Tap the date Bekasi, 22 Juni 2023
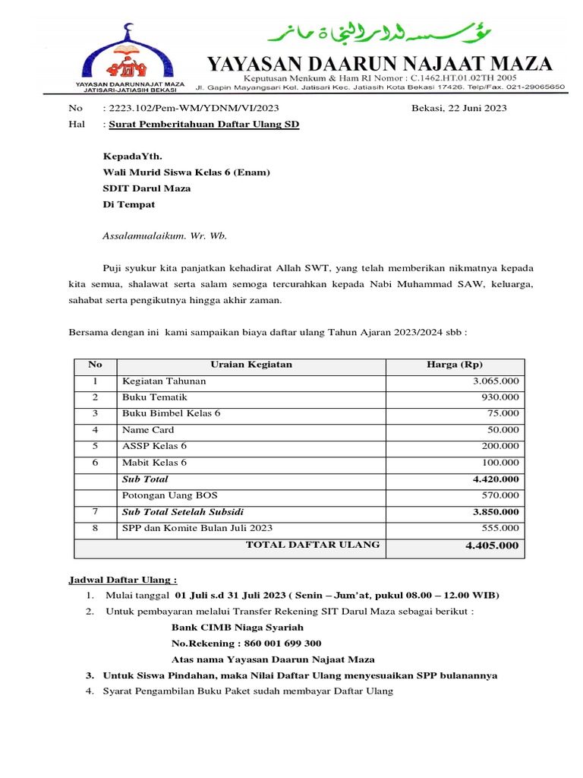coord(459,108)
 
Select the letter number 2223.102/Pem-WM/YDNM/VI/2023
coord(194,108)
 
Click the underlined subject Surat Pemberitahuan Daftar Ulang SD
coord(204,123)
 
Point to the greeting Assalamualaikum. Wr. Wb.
coord(165,236)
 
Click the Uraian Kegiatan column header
coord(251,365)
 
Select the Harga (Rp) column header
coord(455,365)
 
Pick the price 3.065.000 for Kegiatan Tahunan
coord(496,381)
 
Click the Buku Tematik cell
coord(154,397)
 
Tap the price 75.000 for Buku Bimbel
coord(503,413)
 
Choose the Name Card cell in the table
coord(148,430)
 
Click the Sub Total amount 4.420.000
coord(496,479)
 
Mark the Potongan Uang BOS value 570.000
coord(500,495)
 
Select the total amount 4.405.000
coord(492,546)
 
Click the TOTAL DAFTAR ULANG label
coord(313,545)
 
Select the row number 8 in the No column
coord(95,528)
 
